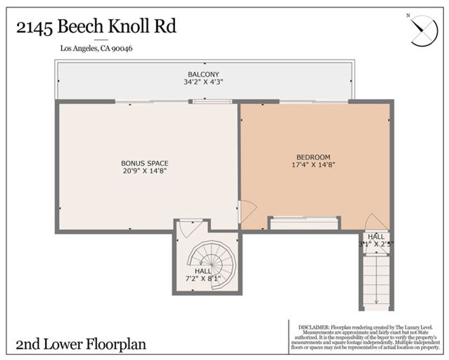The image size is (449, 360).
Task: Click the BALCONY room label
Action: [203, 74]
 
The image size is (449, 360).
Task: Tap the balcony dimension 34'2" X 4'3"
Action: [203, 82]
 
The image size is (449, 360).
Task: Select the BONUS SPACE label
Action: [144, 163]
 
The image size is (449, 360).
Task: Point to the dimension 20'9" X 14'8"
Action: [144, 171]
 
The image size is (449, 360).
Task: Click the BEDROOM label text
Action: [313, 157]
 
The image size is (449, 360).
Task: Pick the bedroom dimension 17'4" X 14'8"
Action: [313, 165]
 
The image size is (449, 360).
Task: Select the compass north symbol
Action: [424, 31]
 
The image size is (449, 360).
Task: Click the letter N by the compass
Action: [408, 15]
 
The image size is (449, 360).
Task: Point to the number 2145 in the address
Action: [34, 27]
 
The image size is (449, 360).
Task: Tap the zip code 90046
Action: [121, 48]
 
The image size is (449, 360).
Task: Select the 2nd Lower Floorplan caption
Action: [81, 345]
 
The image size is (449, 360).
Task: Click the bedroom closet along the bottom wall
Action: [304, 224]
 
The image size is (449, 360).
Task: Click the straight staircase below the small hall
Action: [377, 281]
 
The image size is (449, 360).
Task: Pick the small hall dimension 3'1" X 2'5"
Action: [376, 244]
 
